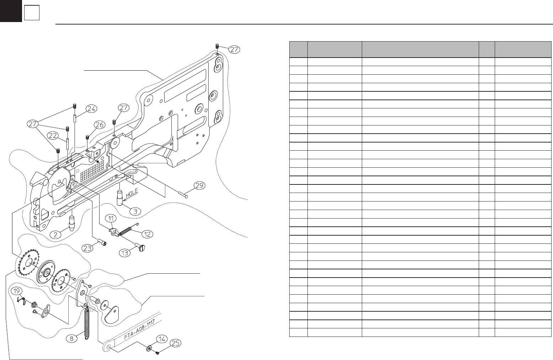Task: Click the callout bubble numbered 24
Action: pos(92,108)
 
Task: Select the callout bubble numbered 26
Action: pos(100,125)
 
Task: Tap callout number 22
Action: pos(53,136)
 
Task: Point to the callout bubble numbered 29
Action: pos(200,186)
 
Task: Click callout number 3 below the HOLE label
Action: pos(135,211)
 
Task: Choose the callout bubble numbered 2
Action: pos(56,234)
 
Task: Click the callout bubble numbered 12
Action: pos(147,234)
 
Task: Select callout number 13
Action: pos(125,253)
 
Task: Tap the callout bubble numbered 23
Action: pos(88,248)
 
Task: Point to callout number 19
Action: pos(16,291)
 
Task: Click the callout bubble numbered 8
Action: pos(72,338)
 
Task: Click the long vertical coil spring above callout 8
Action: pos(86,324)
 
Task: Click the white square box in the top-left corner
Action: pos(32,14)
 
